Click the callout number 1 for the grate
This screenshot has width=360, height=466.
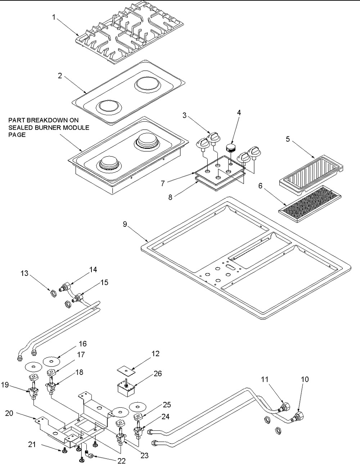pos(54,17)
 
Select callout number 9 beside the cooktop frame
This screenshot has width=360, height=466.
pos(125,224)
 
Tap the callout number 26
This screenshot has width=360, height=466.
pos(157,374)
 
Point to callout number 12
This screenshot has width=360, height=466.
pos(155,354)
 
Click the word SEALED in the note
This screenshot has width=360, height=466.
pos(19,127)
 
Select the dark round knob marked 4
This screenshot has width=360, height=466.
pos(230,147)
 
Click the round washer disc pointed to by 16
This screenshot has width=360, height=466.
pos(50,360)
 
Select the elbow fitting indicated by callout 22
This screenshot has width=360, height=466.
pos(91,456)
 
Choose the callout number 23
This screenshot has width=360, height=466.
pos(144,455)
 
